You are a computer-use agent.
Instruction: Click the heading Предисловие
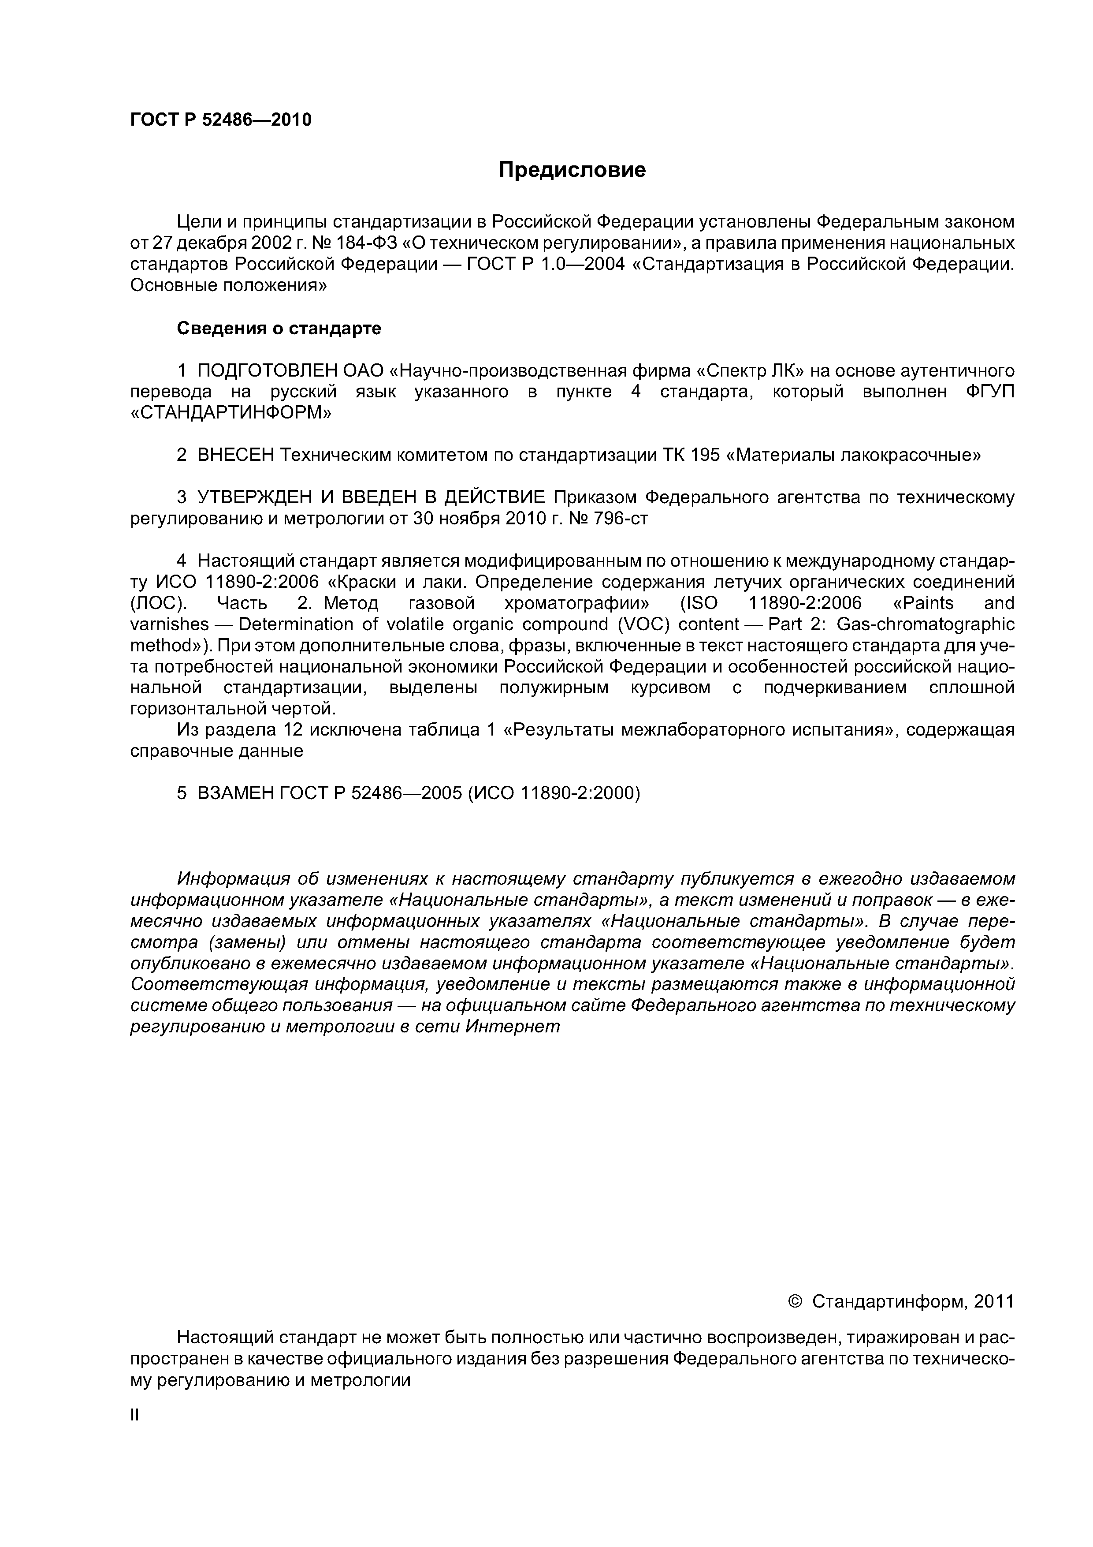tap(572, 170)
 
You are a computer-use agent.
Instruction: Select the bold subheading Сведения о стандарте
tap(279, 329)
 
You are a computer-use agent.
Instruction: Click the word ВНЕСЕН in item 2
tap(236, 456)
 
